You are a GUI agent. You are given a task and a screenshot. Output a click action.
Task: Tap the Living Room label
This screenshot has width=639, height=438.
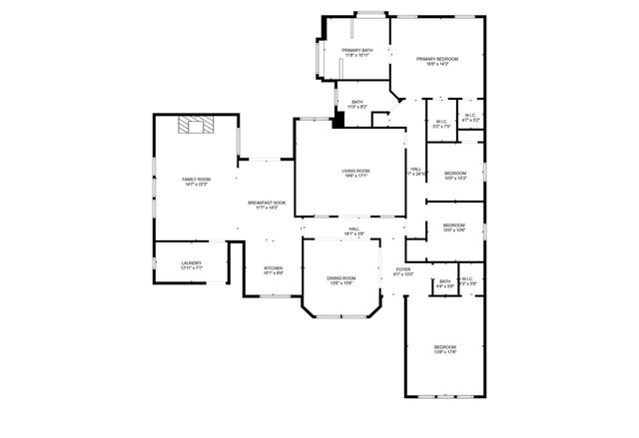point(356,174)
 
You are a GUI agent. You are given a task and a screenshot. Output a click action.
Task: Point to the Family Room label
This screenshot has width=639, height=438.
point(196,182)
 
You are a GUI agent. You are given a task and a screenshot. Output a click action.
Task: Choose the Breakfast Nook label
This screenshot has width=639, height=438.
point(267,206)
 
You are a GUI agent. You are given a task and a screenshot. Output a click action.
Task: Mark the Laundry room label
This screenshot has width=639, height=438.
point(191,266)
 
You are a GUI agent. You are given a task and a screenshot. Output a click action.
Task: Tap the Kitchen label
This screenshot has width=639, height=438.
point(273,270)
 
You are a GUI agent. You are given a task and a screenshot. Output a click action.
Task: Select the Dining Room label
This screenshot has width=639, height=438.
point(341,280)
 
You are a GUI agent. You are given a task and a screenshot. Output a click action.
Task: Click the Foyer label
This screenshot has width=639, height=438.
point(402,272)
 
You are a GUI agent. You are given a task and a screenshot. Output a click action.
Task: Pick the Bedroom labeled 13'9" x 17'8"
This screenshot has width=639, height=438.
point(444,350)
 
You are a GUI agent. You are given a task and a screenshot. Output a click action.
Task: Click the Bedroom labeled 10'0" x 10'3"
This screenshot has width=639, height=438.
point(454,176)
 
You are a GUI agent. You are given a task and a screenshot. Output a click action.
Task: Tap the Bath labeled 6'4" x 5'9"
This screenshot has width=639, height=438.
point(444,284)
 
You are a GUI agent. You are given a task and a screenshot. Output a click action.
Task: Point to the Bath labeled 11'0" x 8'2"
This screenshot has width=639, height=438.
point(356,104)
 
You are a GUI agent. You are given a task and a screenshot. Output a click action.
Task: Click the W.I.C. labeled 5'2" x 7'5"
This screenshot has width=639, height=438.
point(441,125)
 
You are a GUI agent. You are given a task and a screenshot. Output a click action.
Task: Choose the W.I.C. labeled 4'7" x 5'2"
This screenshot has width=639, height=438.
point(469,118)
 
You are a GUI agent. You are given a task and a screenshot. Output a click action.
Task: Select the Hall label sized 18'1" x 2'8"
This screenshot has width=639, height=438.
point(353,231)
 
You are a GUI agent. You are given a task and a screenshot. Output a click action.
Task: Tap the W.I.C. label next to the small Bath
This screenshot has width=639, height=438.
point(467,281)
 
